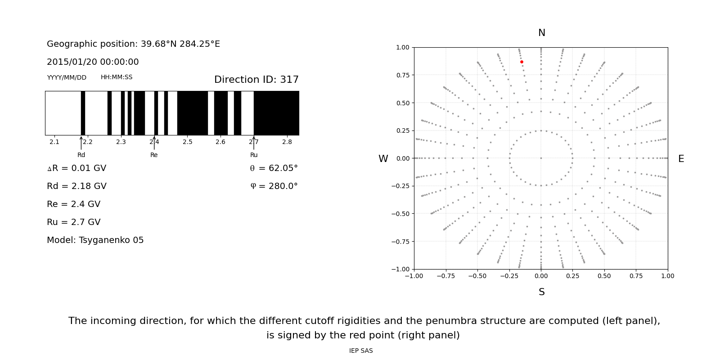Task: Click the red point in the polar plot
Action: pos(522,62)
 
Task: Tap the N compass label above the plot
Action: pos(541,33)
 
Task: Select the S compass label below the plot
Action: pos(541,292)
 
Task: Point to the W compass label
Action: pos(383,159)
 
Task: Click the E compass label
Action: pos(681,159)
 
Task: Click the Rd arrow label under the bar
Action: pos(81,155)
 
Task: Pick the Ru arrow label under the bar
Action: pos(254,155)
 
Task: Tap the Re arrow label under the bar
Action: pos(154,155)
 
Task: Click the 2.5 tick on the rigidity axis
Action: pos(187,142)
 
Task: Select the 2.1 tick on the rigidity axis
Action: pos(54,142)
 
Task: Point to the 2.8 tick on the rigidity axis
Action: pos(287,142)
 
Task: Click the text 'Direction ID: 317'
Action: pos(256,80)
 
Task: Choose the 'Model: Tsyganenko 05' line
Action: pos(95,240)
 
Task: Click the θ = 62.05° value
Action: pos(274,168)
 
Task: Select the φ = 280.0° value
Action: pos(274,186)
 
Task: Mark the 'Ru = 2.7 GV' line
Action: pos(74,222)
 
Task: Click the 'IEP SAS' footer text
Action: pos(361,351)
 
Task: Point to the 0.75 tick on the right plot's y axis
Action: pos(402,75)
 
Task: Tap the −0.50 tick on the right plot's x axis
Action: pos(477,276)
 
